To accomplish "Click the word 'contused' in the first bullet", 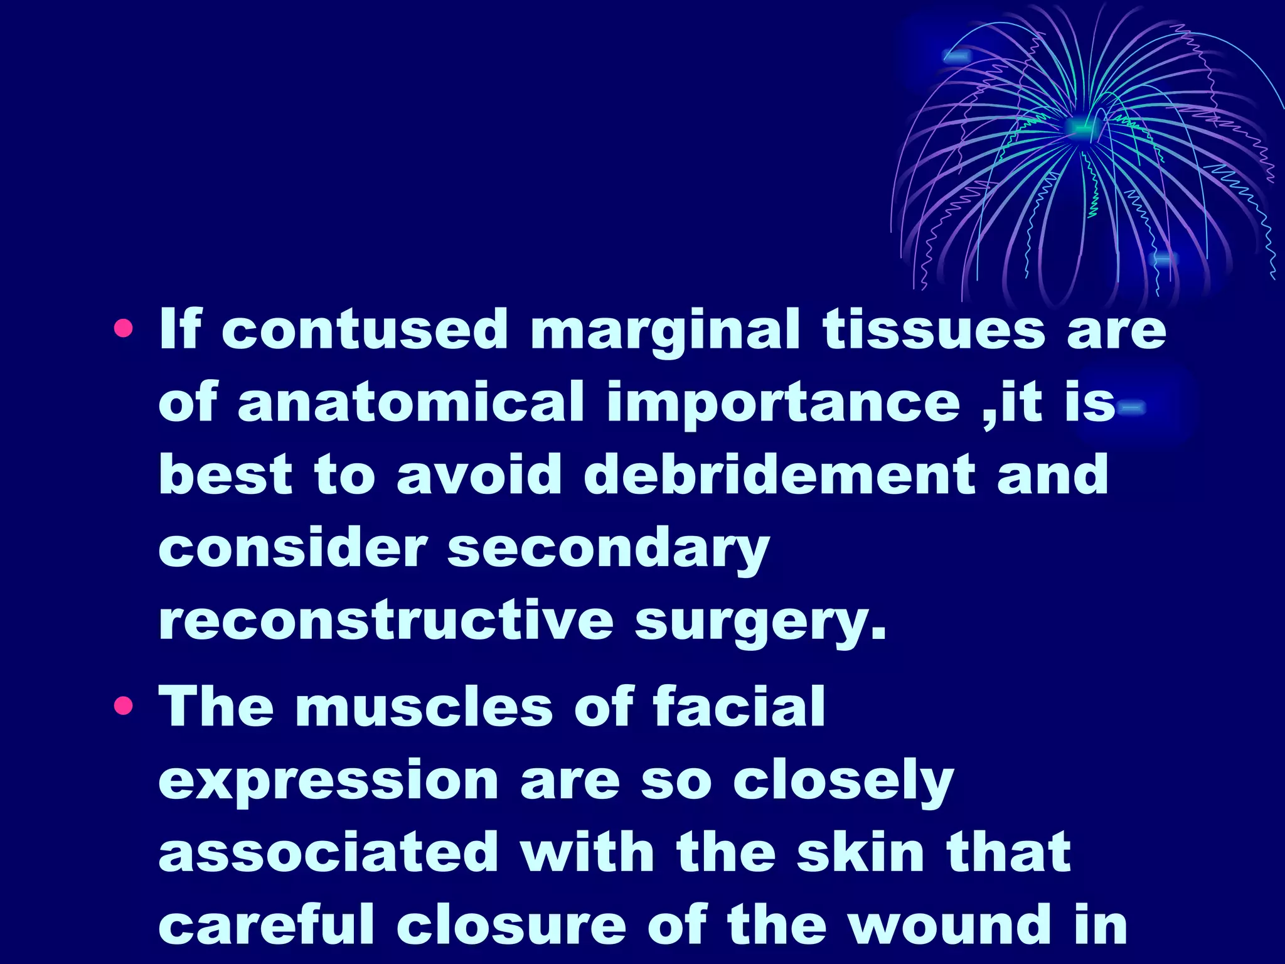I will point(365,329).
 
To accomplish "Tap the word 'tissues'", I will point(934,329).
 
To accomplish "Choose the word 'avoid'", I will point(479,474).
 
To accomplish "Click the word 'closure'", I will point(511,925).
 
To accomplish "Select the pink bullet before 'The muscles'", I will point(124,707).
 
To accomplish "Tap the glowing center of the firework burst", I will point(1080,128).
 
